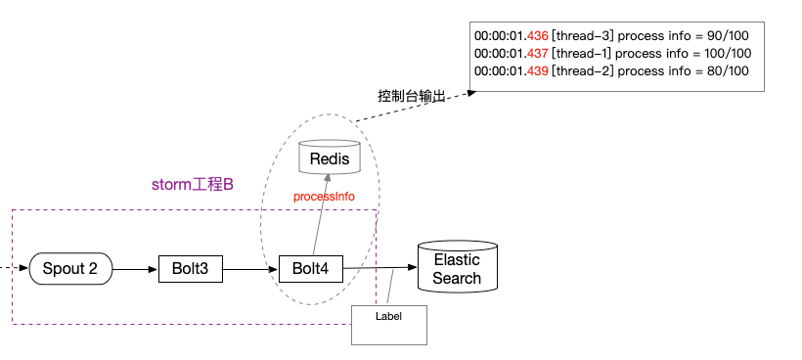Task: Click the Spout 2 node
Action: pyautogui.click(x=70, y=268)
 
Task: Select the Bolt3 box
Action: pyautogui.click(x=191, y=268)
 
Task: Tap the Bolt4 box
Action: pyautogui.click(x=311, y=268)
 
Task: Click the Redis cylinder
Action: pyautogui.click(x=329, y=157)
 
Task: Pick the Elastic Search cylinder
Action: pyautogui.click(x=457, y=269)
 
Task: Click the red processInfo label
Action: pyautogui.click(x=324, y=197)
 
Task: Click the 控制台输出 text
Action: pyautogui.click(x=412, y=96)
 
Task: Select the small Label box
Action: pyautogui.click(x=389, y=324)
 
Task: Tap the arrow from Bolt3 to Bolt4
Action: pyautogui.click(x=250, y=268)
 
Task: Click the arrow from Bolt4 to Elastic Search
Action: pyautogui.click(x=379, y=268)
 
